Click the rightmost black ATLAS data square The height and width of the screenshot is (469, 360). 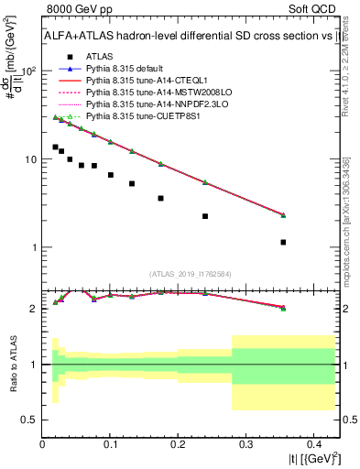click(x=283, y=242)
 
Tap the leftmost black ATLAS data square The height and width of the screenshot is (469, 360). click(x=55, y=147)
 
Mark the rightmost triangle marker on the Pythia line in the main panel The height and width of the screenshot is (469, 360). click(x=283, y=215)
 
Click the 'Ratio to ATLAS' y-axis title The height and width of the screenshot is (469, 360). click(x=14, y=365)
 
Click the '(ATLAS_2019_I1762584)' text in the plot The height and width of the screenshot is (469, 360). click(x=190, y=273)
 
